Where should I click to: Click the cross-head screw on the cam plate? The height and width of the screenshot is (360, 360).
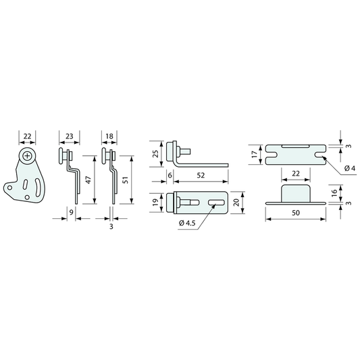(x=27, y=156)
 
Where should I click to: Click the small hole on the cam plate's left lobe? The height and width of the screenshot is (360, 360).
(x=9, y=188)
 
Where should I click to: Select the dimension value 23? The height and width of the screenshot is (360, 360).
(x=70, y=136)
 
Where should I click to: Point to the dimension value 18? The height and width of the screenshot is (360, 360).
(x=109, y=136)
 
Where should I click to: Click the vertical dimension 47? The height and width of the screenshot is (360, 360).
(x=88, y=180)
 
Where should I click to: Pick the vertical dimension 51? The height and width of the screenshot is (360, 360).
(x=125, y=180)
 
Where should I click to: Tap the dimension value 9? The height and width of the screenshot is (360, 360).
(x=72, y=212)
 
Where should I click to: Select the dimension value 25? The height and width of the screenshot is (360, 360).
(x=155, y=153)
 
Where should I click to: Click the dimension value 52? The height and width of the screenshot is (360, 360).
(x=201, y=176)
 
